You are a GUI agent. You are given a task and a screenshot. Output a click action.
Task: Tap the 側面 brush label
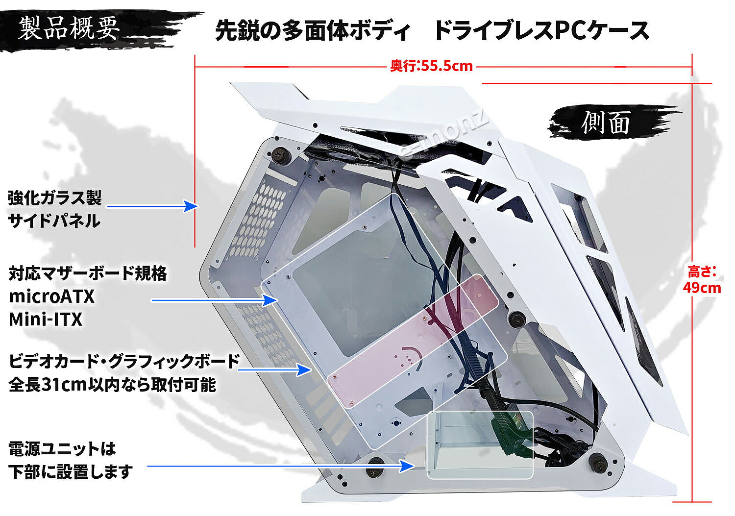point(607,123)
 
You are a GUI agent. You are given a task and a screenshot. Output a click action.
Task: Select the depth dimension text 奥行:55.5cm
point(431,66)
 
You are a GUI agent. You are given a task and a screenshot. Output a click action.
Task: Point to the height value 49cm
point(702,287)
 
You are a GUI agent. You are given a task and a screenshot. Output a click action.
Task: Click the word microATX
point(51,296)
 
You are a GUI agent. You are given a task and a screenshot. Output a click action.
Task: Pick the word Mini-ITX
point(46,319)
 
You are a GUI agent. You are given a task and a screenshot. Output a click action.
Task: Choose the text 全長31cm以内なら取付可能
point(112,385)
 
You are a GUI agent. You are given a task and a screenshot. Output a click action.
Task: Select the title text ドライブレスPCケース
point(541,30)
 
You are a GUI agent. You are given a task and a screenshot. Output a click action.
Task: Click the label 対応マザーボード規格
point(88,273)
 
